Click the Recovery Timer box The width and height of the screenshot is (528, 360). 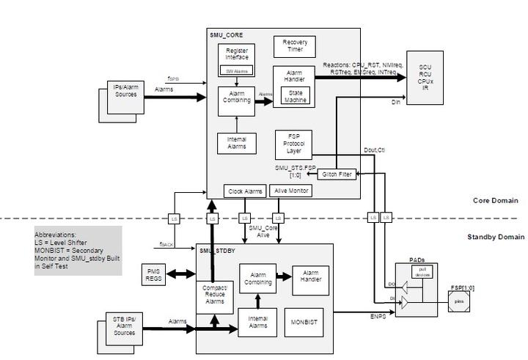pos(295,46)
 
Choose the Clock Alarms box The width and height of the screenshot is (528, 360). pos(245,191)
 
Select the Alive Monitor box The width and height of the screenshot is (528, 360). pos(291,191)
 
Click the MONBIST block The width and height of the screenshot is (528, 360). pos(304,322)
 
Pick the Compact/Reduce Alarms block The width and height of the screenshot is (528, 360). pos(213,293)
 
